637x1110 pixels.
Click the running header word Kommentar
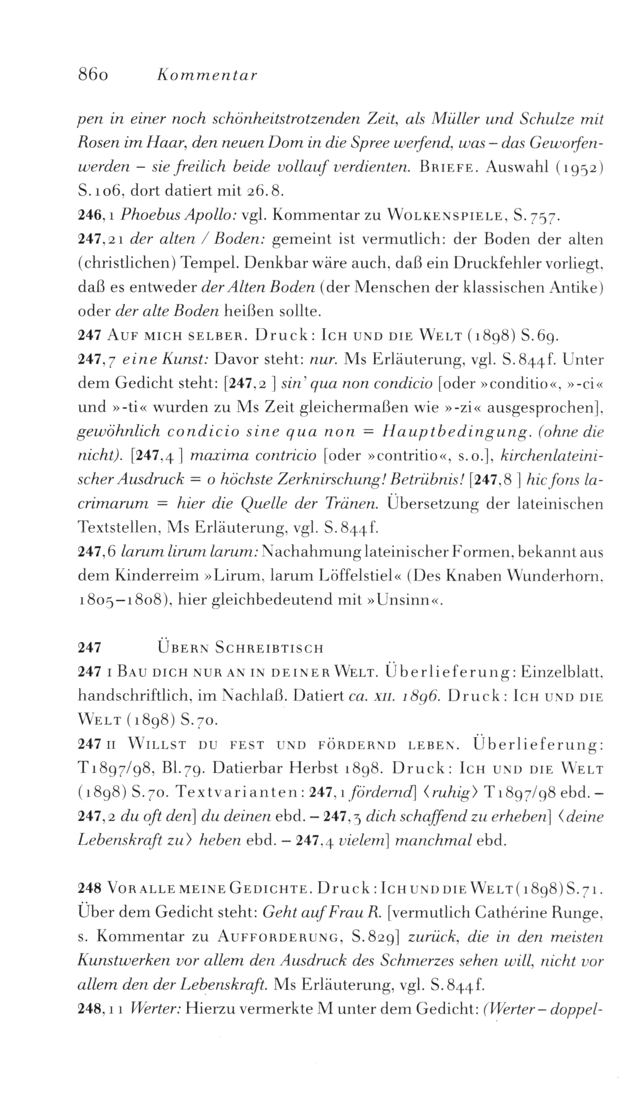(206, 75)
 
